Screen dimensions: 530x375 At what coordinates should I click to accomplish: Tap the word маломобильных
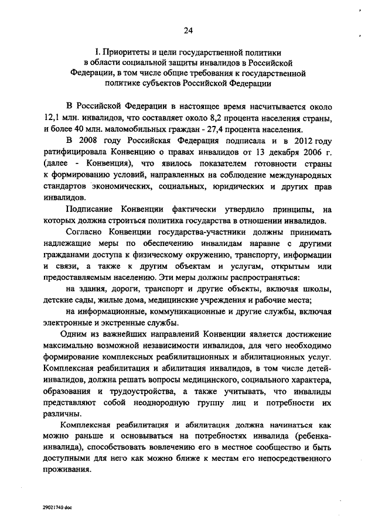[x=118, y=129]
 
